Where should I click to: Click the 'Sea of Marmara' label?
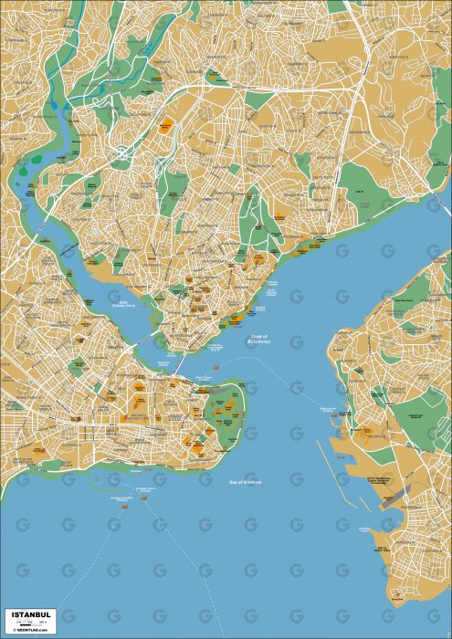240,480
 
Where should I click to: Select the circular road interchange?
121,149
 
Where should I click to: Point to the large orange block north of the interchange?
167,127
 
